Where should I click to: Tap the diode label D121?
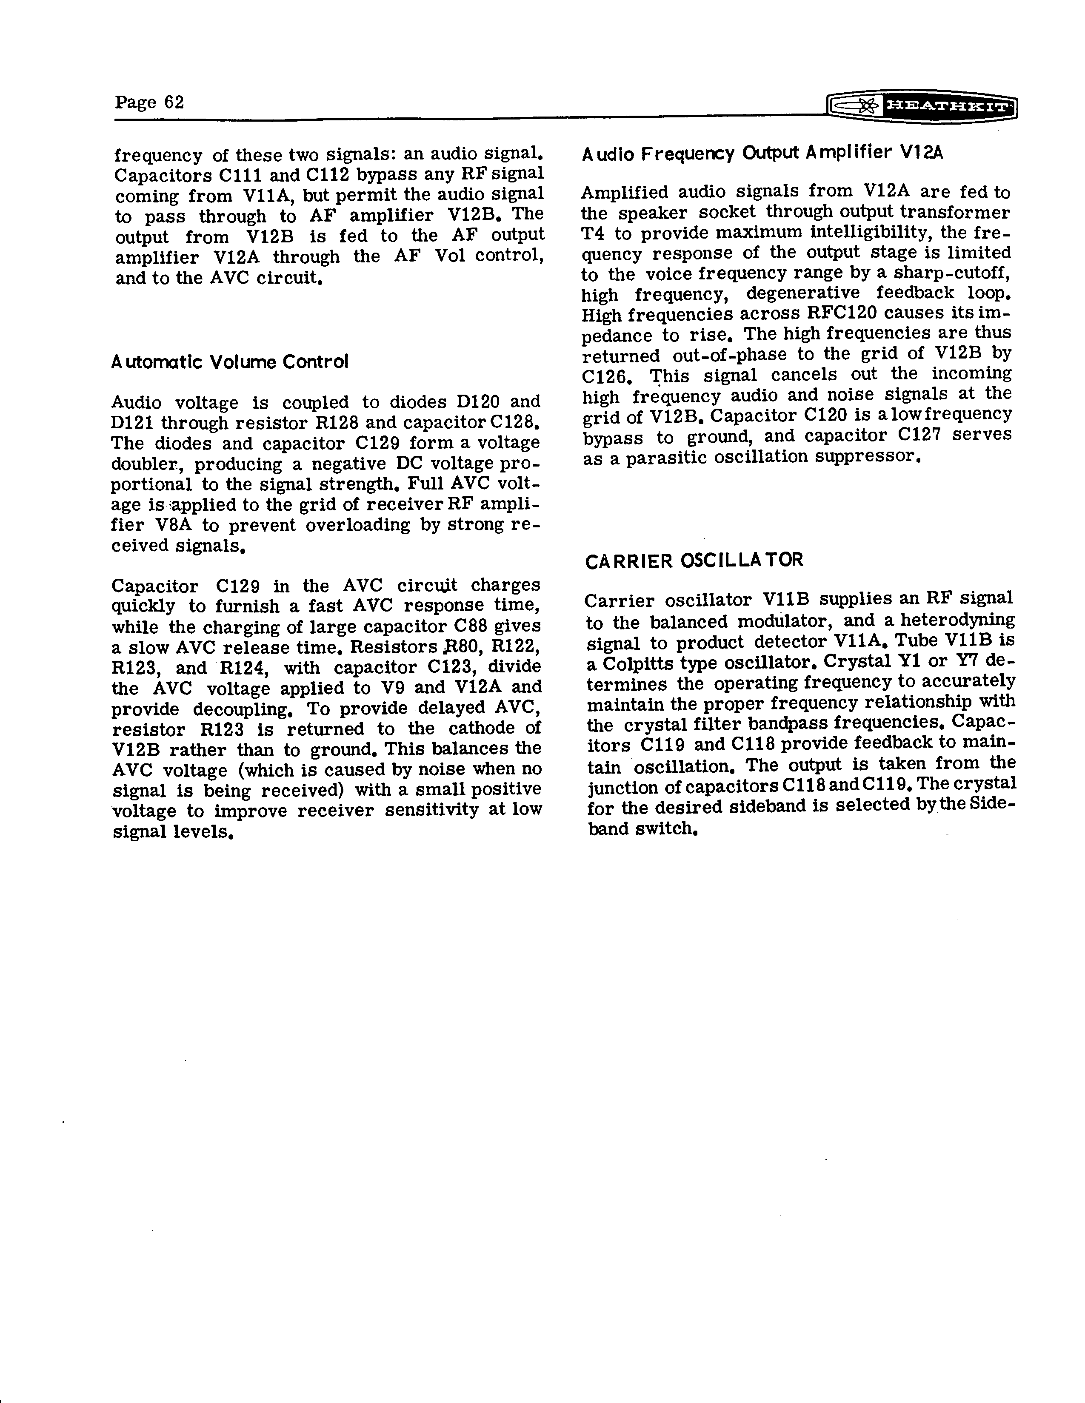click(132, 423)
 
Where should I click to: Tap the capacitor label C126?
click(604, 376)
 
